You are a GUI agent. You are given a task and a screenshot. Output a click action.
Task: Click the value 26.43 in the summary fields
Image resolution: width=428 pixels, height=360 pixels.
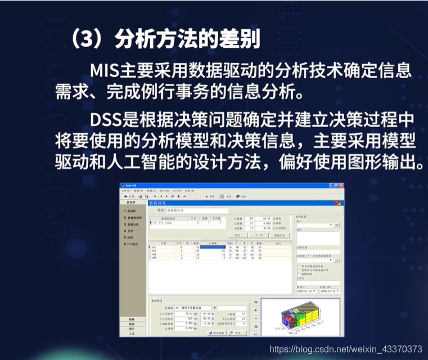(267, 218)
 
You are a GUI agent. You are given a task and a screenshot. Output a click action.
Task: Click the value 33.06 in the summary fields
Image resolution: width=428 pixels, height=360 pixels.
(267, 228)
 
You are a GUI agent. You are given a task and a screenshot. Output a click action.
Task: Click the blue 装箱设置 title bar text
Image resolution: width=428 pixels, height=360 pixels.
(159, 203)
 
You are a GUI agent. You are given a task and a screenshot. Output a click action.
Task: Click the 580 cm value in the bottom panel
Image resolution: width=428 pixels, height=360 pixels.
(184, 318)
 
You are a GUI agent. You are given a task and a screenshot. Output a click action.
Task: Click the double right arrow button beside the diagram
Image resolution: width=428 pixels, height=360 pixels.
(256, 301)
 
